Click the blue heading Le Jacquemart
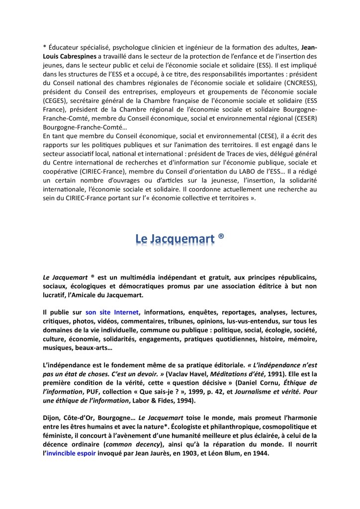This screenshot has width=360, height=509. click(x=175, y=239)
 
